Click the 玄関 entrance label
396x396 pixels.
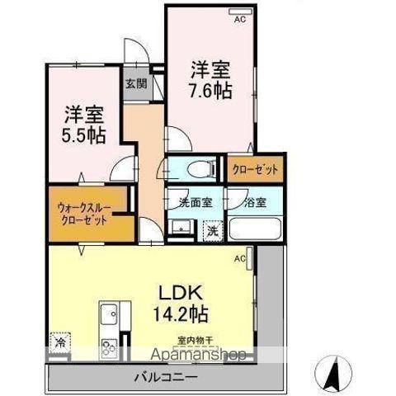pos(136,82)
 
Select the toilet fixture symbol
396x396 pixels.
pos(196,170)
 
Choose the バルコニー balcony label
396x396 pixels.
pos(165,376)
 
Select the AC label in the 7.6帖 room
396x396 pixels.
pos(240,19)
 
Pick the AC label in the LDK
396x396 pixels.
pos(240,259)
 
